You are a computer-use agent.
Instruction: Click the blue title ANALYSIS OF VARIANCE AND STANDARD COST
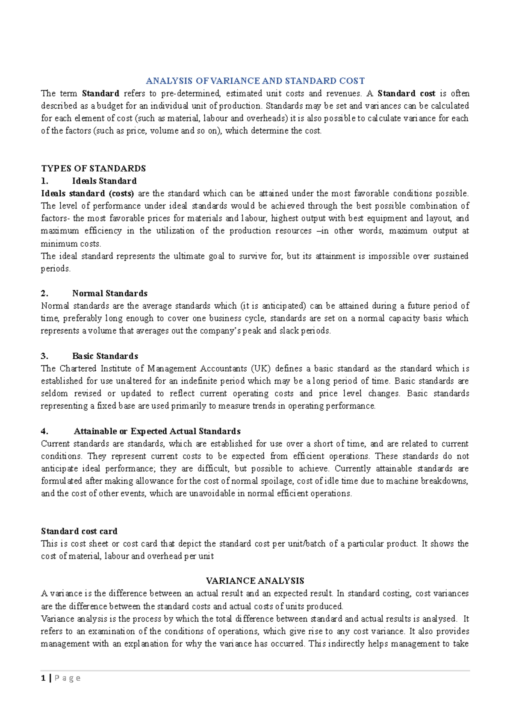pyautogui.click(x=255, y=81)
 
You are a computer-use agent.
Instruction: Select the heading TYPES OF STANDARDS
pyautogui.click(x=93, y=168)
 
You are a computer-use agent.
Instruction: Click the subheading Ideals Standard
pyautogui.click(x=104, y=181)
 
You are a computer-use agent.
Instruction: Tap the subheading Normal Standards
pyautogui.click(x=110, y=293)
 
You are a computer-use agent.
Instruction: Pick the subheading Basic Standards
pyautogui.click(x=105, y=356)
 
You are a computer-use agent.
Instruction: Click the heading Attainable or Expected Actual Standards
pyautogui.click(x=157, y=431)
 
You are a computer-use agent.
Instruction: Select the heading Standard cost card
pyautogui.click(x=79, y=531)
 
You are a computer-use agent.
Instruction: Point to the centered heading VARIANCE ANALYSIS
pyautogui.click(x=255, y=581)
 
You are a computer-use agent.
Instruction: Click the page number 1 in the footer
pyautogui.click(x=43, y=678)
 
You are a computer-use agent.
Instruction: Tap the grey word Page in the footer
pyautogui.click(x=68, y=678)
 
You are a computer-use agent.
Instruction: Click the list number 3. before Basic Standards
pyautogui.click(x=44, y=356)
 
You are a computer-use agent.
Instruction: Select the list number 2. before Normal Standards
pyautogui.click(x=44, y=293)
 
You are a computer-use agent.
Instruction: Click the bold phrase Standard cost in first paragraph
pyautogui.click(x=406, y=93)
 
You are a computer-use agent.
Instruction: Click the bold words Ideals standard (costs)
pyautogui.click(x=87, y=193)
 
